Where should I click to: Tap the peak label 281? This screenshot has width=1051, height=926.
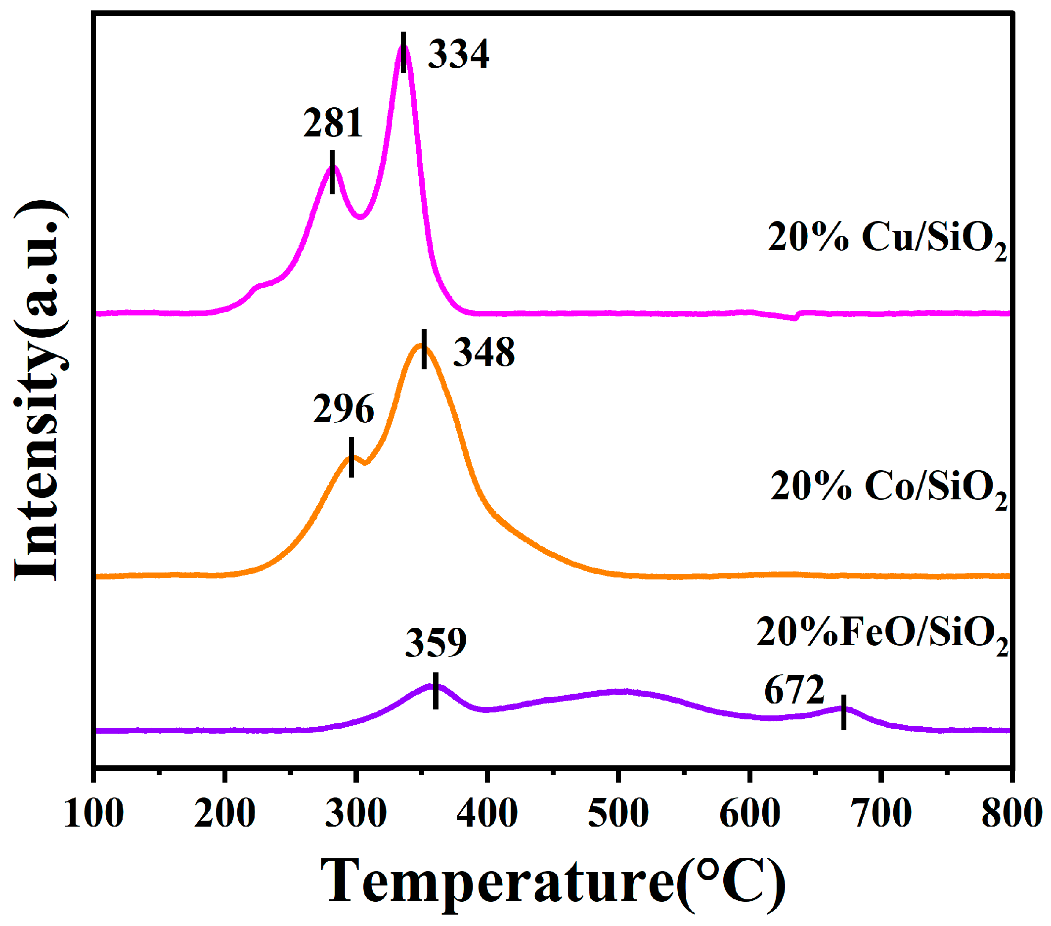(333, 124)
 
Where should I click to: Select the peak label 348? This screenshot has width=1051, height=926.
(483, 353)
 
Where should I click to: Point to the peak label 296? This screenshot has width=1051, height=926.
(343, 409)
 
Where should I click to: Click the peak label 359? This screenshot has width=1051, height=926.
(436, 643)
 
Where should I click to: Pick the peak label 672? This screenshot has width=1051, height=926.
(794, 690)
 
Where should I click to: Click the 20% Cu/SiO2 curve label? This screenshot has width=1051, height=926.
(886, 239)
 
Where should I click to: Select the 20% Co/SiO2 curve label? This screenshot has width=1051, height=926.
(888, 487)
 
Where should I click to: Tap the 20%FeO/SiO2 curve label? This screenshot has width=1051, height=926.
(882, 634)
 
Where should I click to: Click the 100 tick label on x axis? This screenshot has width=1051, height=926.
(93, 813)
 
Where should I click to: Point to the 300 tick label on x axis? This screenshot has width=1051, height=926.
(356, 813)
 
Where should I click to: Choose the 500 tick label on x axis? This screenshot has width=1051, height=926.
(618, 813)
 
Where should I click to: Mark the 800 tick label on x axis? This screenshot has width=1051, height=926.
(1011, 813)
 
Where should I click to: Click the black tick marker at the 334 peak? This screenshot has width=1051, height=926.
(403, 52)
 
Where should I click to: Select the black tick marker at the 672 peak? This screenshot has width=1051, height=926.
(844, 712)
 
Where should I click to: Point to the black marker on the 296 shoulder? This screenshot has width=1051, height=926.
(351, 457)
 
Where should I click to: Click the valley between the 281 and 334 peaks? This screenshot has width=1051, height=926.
(361, 217)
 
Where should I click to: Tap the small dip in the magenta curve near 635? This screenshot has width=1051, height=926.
(794, 318)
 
